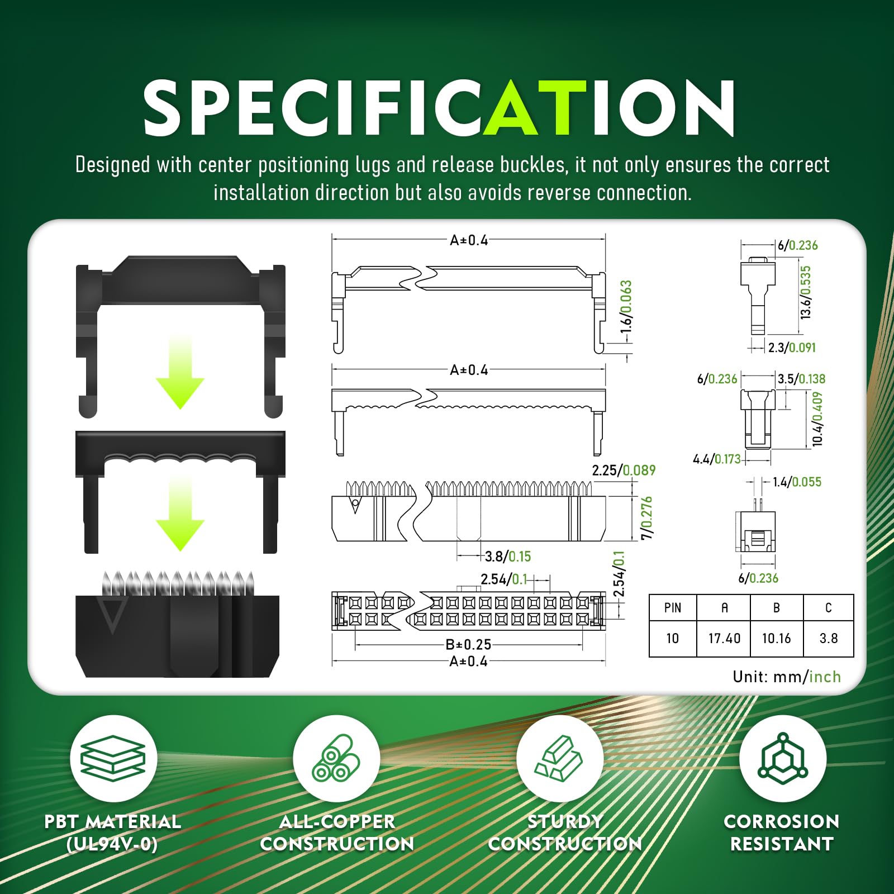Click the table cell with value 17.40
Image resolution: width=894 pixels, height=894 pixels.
click(x=724, y=638)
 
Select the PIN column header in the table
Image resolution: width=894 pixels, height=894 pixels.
click(x=673, y=608)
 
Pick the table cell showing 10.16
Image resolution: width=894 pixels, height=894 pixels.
click(x=776, y=638)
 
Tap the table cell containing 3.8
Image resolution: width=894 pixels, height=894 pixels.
click(x=828, y=638)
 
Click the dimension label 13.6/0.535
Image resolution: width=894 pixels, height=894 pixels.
click(x=805, y=292)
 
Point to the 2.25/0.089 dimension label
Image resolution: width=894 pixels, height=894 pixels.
click(x=624, y=470)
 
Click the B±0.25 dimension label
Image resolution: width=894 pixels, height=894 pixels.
click(x=468, y=644)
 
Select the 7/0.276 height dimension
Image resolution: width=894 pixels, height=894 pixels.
click(x=646, y=518)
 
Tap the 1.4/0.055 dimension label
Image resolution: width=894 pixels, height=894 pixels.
click(x=797, y=482)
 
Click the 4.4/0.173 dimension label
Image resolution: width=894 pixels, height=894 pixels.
click(x=717, y=459)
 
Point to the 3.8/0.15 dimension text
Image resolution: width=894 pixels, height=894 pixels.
click(x=508, y=557)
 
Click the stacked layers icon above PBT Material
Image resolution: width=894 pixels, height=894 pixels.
click(x=113, y=758)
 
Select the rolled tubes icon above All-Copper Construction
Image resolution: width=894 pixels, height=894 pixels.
click(x=336, y=758)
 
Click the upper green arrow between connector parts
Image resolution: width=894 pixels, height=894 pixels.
click(x=180, y=372)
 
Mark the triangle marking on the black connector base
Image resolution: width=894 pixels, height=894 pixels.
click(x=112, y=615)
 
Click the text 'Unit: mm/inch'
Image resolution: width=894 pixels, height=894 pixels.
click(x=787, y=677)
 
